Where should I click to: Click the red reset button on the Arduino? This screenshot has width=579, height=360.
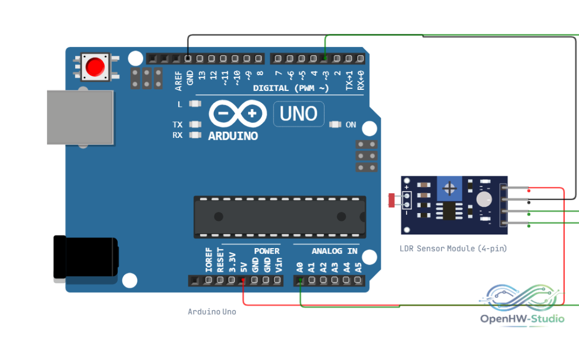click(x=95, y=67)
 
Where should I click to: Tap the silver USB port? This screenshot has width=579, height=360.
click(x=80, y=117)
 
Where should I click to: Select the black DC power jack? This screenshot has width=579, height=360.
click(x=86, y=257)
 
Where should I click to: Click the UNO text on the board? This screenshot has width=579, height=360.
click(x=299, y=114)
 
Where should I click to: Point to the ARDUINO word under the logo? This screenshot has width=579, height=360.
click(x=233, y=136)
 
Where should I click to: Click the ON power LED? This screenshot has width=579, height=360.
click(x=335, y=124)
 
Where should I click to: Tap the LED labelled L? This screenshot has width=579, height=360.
click(x=195, y=104)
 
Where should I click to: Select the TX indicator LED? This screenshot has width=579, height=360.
click(x=195, y=124)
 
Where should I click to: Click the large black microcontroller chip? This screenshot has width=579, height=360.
click(x=280, y=217)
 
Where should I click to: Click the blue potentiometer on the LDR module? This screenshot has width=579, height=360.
click(x=450, y=189)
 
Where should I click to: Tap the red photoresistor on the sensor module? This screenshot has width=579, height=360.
click(x=391, y=200)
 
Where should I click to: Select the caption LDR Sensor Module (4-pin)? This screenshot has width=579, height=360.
click(x=453, y=249)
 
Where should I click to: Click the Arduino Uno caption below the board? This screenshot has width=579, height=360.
click(x=212, y=311)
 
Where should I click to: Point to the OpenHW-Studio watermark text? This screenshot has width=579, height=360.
click(x=522, y=319)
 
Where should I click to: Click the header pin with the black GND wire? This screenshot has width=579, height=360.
click(x=188, y=58)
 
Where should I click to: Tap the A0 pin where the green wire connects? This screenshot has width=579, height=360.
click(x=300, y=281)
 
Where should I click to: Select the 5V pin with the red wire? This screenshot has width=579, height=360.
click(x=243, y=281)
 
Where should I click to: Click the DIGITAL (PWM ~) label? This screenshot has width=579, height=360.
click(x=291, y=88)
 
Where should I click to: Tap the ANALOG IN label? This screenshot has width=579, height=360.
click(x=335, y=251)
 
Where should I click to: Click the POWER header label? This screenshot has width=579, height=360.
click(x=267, y=251)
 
